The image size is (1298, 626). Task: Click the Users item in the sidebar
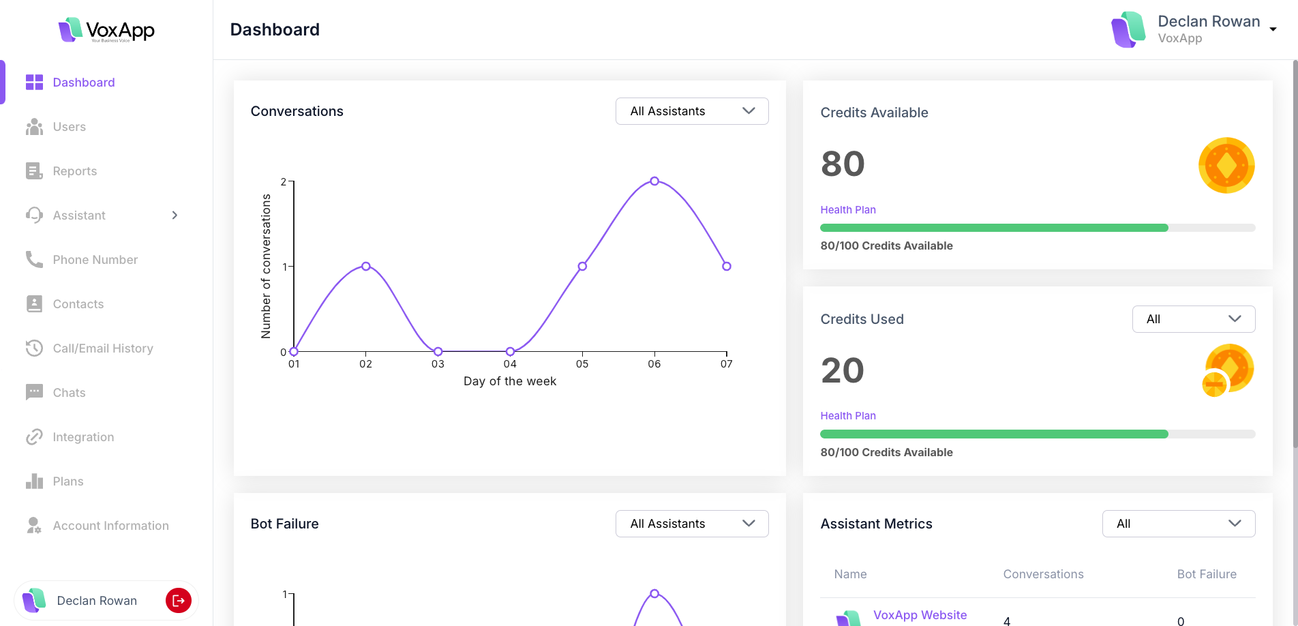[x=69, y=127]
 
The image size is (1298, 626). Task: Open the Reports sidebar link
[x=74, y=171]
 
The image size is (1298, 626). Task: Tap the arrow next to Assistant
[x=175, y=215]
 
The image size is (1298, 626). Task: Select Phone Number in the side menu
[x=95, y=260]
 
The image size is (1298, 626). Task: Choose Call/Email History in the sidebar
[x=102, y=348]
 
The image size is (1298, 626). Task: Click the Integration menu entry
[x=83, y=437]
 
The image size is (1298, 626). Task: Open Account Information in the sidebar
[x=110, y=526]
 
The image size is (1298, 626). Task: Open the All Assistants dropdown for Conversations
[x=692, y=111]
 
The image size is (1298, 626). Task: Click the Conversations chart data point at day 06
[x=654, y=181]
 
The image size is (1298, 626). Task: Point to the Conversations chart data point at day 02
[x=366, y=266]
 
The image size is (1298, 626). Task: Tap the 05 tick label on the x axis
[x=582, y=364]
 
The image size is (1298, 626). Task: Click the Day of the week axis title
[x=510, y=381]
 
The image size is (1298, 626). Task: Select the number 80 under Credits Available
[x=843, y=164]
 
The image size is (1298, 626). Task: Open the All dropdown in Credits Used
[x=1193, y=319]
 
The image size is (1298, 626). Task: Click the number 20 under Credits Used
[x=843, y=371]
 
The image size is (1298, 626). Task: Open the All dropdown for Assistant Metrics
[x=1178, y=524]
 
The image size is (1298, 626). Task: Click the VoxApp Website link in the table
[x=920, y=615]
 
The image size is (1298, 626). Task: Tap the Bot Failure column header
[x=1206, y=574]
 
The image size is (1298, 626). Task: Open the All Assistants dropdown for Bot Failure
[x=692, y=524]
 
